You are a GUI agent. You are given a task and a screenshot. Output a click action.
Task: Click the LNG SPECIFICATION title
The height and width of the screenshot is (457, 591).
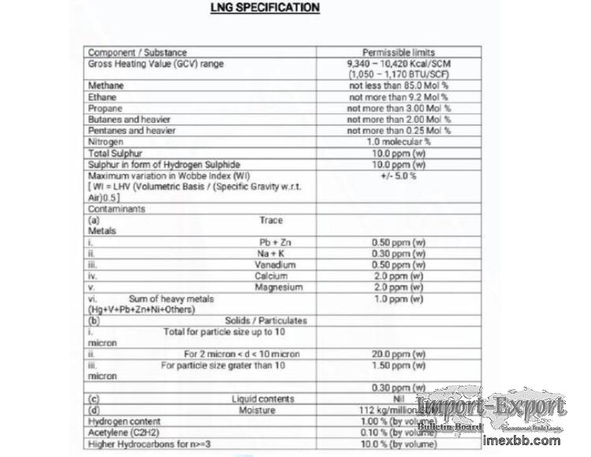(x=265, y=8)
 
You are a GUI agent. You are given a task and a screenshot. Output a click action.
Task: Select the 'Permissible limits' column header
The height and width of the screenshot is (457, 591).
(x=398, y=53)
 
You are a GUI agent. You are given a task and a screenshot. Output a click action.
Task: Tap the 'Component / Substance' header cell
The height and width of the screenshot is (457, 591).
(x=137, y=53)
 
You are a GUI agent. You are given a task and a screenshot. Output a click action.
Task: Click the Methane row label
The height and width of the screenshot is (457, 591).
(x=106, y=85)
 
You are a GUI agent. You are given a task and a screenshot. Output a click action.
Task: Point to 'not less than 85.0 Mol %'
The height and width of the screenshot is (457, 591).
(x=398, y=85)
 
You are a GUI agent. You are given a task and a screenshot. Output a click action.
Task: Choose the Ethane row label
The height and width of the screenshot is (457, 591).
(x=102, y=97)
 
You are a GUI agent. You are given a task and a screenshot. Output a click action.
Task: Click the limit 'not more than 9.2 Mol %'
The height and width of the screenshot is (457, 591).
(x=398, y=97)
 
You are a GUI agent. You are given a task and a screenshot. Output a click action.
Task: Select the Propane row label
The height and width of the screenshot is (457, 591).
(x=106, y=108)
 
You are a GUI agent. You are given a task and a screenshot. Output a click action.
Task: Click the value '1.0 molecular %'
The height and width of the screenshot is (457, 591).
(x=398, y=142)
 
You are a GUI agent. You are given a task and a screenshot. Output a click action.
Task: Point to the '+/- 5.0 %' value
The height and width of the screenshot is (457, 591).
(x=398, y=176)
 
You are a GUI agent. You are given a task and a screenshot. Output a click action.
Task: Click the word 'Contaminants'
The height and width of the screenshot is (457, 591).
(x=117, y=210)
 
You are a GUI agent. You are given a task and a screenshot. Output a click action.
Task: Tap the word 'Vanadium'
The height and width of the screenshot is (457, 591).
(x=275, y=265)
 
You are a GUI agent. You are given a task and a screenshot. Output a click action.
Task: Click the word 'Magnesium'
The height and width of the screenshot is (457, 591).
(x=278, y=288)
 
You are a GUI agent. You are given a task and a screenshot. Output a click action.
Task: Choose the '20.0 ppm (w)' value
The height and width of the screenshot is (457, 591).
(x=398, y=355)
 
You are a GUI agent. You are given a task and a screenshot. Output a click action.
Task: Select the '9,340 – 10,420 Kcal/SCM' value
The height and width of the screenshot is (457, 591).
(x=398, y=63)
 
